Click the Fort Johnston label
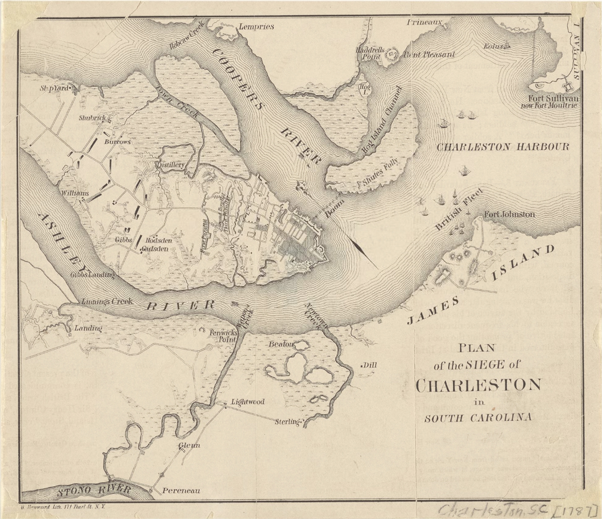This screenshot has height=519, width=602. [x=509, y=215]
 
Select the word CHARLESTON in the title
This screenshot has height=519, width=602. [x=478, y=384]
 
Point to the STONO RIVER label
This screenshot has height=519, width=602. [x=94, y=490]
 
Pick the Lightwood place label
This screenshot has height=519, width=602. [x=247, y=402]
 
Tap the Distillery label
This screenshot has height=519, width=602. [x=170, y=165]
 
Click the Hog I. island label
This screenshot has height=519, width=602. [x=362, y=88]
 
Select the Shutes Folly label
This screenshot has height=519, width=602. [x=381, y=177]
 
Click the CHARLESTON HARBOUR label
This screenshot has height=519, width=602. [x=503, y=147]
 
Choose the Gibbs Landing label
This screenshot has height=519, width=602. [x=93, y=275]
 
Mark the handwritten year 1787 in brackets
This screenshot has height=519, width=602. [x=576, y=509]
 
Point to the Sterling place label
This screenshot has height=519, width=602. [x=287, y=422]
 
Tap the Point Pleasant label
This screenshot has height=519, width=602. [x=429, y=55]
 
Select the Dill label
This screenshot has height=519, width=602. [x=371, y=365]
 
